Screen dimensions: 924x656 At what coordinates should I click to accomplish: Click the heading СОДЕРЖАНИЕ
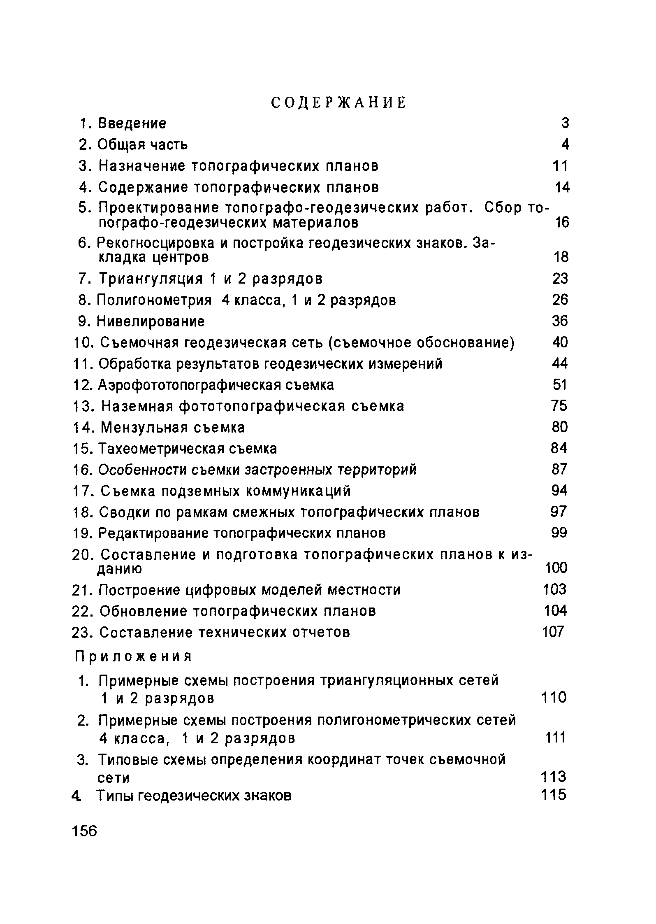(338, 102)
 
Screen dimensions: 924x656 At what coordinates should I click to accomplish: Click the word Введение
(132, 123)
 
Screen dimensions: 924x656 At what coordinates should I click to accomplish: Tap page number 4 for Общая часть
(565, 144)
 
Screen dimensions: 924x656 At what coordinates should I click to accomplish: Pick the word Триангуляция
(151, 279)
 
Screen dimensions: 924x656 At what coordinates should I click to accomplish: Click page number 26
(560, 300)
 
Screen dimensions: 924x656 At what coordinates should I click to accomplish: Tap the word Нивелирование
(151, 321)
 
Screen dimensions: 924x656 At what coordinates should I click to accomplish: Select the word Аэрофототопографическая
(190, 385)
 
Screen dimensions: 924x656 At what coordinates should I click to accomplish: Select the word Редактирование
(154, 533)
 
